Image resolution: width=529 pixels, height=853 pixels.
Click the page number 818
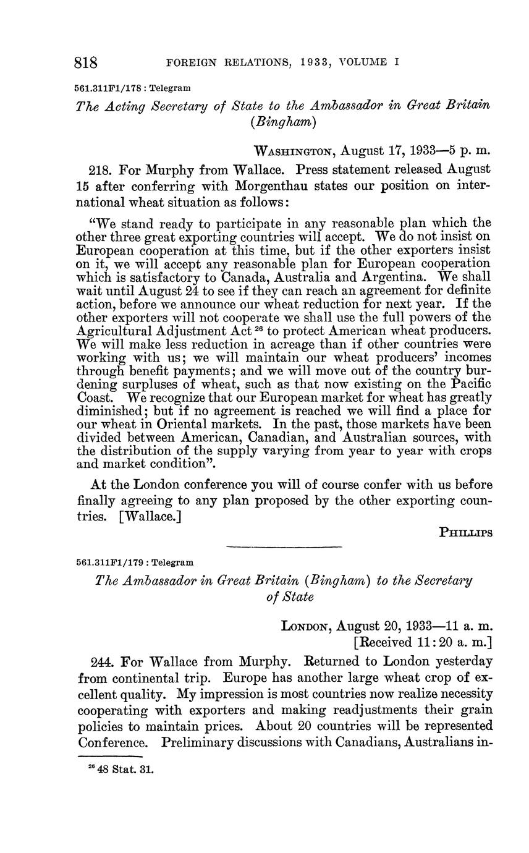click(87, 62)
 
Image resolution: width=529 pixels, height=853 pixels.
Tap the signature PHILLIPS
click(465, 532)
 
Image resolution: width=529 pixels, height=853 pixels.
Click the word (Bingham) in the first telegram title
click(284, 122)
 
